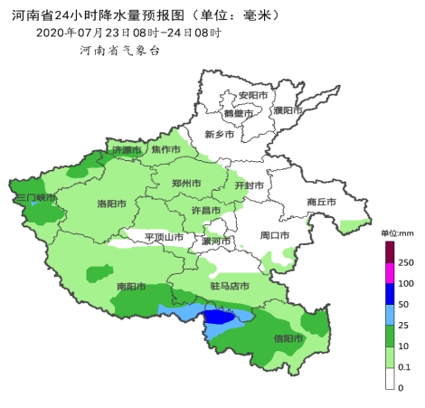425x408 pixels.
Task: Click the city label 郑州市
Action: coord(186,183)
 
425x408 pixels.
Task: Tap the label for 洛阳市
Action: coord(112,204)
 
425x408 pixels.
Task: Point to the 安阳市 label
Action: coord(252,96)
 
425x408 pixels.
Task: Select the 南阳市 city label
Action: coord(132,288)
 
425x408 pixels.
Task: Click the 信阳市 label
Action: coord(288,338)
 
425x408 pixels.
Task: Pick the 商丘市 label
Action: coord(321,202)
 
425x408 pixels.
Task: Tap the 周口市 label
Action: coord(275,235)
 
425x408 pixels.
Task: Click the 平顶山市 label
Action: coord(165,238)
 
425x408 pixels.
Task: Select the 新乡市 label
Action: coord(220,135)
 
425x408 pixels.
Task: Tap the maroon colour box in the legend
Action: coord(391,252)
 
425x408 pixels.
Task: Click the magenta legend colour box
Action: coord(391,272)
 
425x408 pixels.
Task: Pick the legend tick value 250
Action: coord(406,262)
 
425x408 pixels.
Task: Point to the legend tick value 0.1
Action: coord(406,368)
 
